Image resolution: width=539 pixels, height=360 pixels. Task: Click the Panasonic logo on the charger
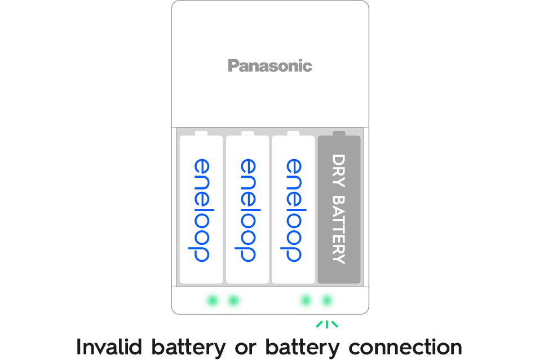point(269,66)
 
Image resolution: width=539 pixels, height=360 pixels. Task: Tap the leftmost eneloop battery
point(201,209)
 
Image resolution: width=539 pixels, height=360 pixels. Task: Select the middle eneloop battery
point(247,209)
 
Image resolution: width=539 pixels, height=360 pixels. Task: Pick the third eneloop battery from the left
point(293,209)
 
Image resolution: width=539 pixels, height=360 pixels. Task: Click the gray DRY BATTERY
point(339,209)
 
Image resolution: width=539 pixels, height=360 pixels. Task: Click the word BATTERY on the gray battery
point(339,230)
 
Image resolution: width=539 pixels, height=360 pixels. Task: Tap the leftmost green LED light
point(212,300)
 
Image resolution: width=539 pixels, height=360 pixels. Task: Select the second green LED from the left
point(233,300)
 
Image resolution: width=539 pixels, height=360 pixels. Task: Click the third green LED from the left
point(306,300)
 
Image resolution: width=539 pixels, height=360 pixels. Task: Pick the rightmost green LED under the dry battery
point(327,300)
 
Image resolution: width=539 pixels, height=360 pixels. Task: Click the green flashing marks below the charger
point(327,324)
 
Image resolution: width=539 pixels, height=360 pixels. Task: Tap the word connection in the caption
point(405,346)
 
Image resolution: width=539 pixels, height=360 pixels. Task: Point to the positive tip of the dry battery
point(339,133)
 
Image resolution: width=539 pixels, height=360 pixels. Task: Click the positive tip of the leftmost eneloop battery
point(201,133)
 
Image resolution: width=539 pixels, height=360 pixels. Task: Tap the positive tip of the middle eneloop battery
point(247,133)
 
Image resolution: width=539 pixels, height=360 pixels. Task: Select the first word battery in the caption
point(189,346)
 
